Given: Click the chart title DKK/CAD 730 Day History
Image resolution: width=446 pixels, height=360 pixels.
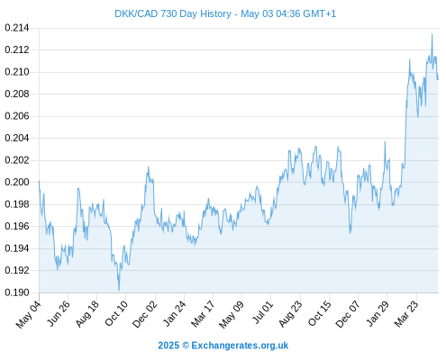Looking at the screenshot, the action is (x=173, y=13).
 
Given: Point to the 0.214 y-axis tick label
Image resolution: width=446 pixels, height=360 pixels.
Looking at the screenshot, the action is (x=17, y=28).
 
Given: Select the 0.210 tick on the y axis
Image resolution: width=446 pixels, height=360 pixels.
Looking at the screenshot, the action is (x=17, y=72).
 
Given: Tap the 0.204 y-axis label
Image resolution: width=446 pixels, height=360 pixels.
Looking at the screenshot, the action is (x=17, y=138).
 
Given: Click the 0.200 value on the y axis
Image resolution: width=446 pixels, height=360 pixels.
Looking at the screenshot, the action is (x=17, y=182).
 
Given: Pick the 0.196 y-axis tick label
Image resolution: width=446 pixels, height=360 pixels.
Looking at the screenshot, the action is (x=17, y=226).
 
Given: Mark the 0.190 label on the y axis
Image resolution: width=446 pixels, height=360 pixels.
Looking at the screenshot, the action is (x=17, y=292).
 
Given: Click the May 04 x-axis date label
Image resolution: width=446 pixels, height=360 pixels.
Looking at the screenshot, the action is (x=28, y=314).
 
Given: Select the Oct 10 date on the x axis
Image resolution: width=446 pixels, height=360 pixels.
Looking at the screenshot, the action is (x=116, y=313).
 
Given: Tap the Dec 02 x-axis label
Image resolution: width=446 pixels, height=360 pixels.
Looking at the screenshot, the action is (x=144, y=314).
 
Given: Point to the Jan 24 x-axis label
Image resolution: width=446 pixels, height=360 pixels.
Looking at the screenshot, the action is (x=174, y=313).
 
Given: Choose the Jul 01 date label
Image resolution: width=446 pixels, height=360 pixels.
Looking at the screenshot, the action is (x=263, y=312).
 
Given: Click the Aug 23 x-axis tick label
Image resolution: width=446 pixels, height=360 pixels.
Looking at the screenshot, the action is (x=290, y=314).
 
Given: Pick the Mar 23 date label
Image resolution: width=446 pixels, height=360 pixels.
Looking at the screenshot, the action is (x=406, y=314).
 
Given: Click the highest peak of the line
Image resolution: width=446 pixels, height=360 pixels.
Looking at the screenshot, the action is (x=432, y=34).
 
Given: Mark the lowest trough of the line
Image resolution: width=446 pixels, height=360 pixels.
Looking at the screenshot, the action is (x=119, y=291).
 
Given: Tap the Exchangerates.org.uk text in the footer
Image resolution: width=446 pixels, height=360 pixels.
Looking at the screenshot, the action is (x=240, y=346).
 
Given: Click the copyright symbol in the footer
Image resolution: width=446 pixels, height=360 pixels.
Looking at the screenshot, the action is (x=186, y=346).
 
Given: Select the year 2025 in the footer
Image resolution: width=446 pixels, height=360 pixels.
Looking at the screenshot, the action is (x=168, y=346).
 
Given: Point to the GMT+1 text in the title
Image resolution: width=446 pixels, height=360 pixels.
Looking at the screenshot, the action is (x=320, y=13).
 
